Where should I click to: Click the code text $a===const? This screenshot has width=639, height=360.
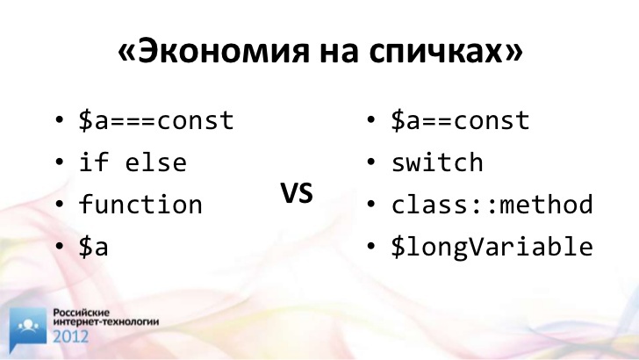(x=156, y=120)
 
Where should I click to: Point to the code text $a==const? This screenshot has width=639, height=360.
(x=460, y=120)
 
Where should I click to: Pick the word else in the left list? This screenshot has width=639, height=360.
(x=155, y=162)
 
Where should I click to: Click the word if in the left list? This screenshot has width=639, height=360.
(x=94, y=162)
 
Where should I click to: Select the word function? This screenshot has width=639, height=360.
(x=140, y=204)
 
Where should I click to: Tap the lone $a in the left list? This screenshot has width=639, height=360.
(x=94, y=246)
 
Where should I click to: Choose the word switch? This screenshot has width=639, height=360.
(x=437, y=162)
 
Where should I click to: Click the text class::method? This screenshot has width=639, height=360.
(x=492, y=204)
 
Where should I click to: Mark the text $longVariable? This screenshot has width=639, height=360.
(x=492, y=247)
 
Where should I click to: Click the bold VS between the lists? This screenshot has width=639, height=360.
(x=297, y=193)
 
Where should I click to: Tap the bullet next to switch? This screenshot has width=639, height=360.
(x=370, y=162)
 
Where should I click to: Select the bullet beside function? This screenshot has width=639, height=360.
(x=59, y=205)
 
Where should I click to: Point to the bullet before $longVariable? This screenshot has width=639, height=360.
(x=370, y=246)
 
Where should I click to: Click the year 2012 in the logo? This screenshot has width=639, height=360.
(x=70, y=336)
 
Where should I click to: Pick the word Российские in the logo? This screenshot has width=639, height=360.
(x=82, y=313)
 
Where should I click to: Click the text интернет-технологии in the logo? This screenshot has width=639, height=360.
(x=106, y=322)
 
